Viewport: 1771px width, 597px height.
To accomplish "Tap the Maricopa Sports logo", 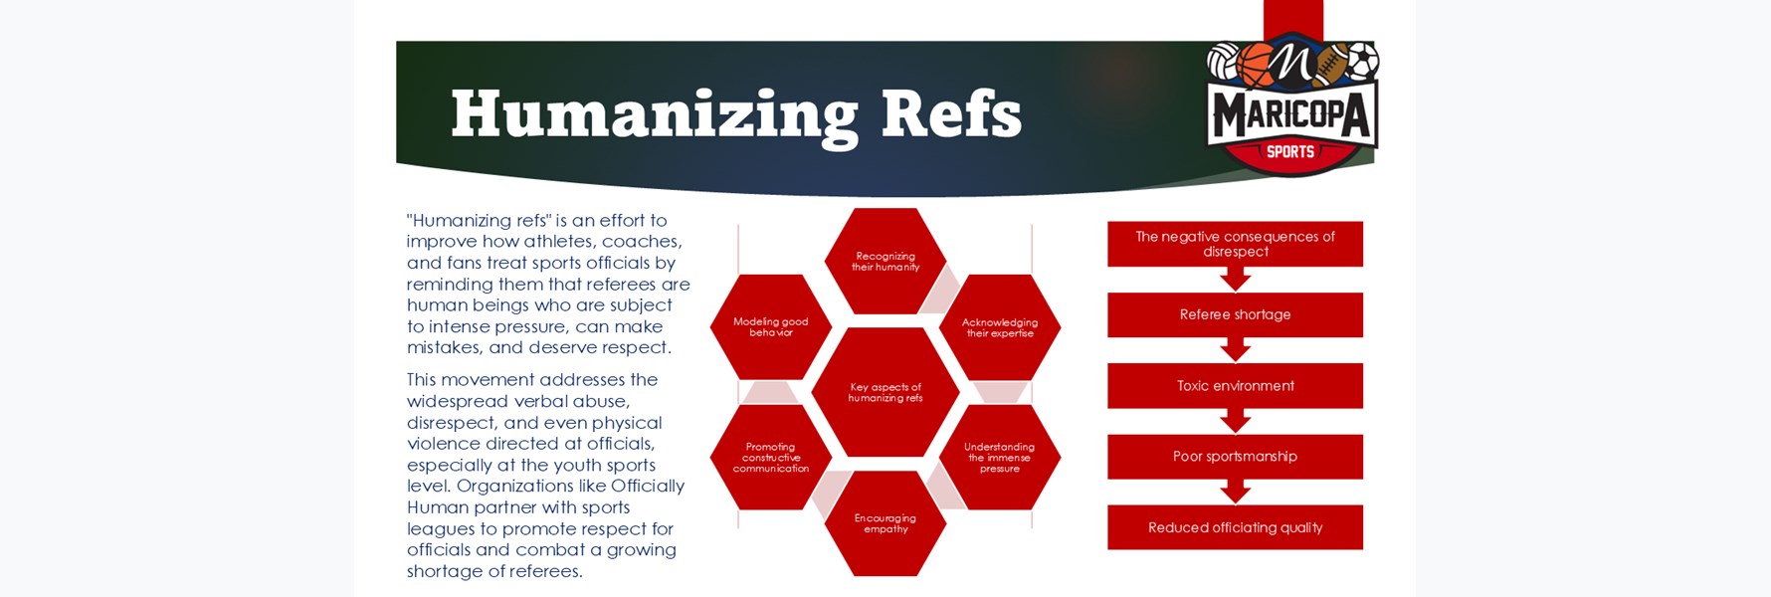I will click(1291, 107).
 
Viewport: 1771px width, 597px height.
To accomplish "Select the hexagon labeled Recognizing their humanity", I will click(885, 262).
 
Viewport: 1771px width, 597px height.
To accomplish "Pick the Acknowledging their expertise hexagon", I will click(1000, 327).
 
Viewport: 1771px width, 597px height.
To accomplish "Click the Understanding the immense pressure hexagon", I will click(1000, 458).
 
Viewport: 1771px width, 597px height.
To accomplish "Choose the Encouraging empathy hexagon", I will click(885, 523).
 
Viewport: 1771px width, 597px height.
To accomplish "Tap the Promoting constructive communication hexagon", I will click(771, 458).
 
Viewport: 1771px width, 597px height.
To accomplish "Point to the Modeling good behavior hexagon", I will click(771, 327).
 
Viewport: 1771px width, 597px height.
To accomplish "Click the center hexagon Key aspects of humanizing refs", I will click(885, 392).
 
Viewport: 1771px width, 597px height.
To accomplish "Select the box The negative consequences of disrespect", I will click(1235, 244).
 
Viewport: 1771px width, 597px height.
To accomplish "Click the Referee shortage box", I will click(1235, 314).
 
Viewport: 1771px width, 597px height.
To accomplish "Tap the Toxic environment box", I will click(1235, 386).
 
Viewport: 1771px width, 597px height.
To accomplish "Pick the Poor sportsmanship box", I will click(1235, 457).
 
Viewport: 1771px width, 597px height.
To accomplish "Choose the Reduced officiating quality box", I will click(1235, 527).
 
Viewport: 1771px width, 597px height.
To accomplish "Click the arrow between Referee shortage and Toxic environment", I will click(1235, 350).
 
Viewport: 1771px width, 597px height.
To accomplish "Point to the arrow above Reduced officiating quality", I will click(1235, 493).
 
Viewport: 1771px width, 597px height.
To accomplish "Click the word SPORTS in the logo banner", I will click(1290, 152).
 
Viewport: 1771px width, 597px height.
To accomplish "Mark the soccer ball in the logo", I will click(1361, 60).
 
